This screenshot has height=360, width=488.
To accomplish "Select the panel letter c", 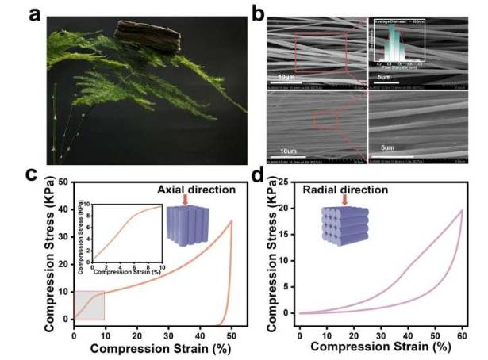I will pyautogui.click(x=32, y=173).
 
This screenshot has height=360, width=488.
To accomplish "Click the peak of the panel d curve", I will pyautogui.click(x=462, y=210).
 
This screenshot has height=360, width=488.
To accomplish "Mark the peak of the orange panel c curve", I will pyautogui.click(x=231, y=221).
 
